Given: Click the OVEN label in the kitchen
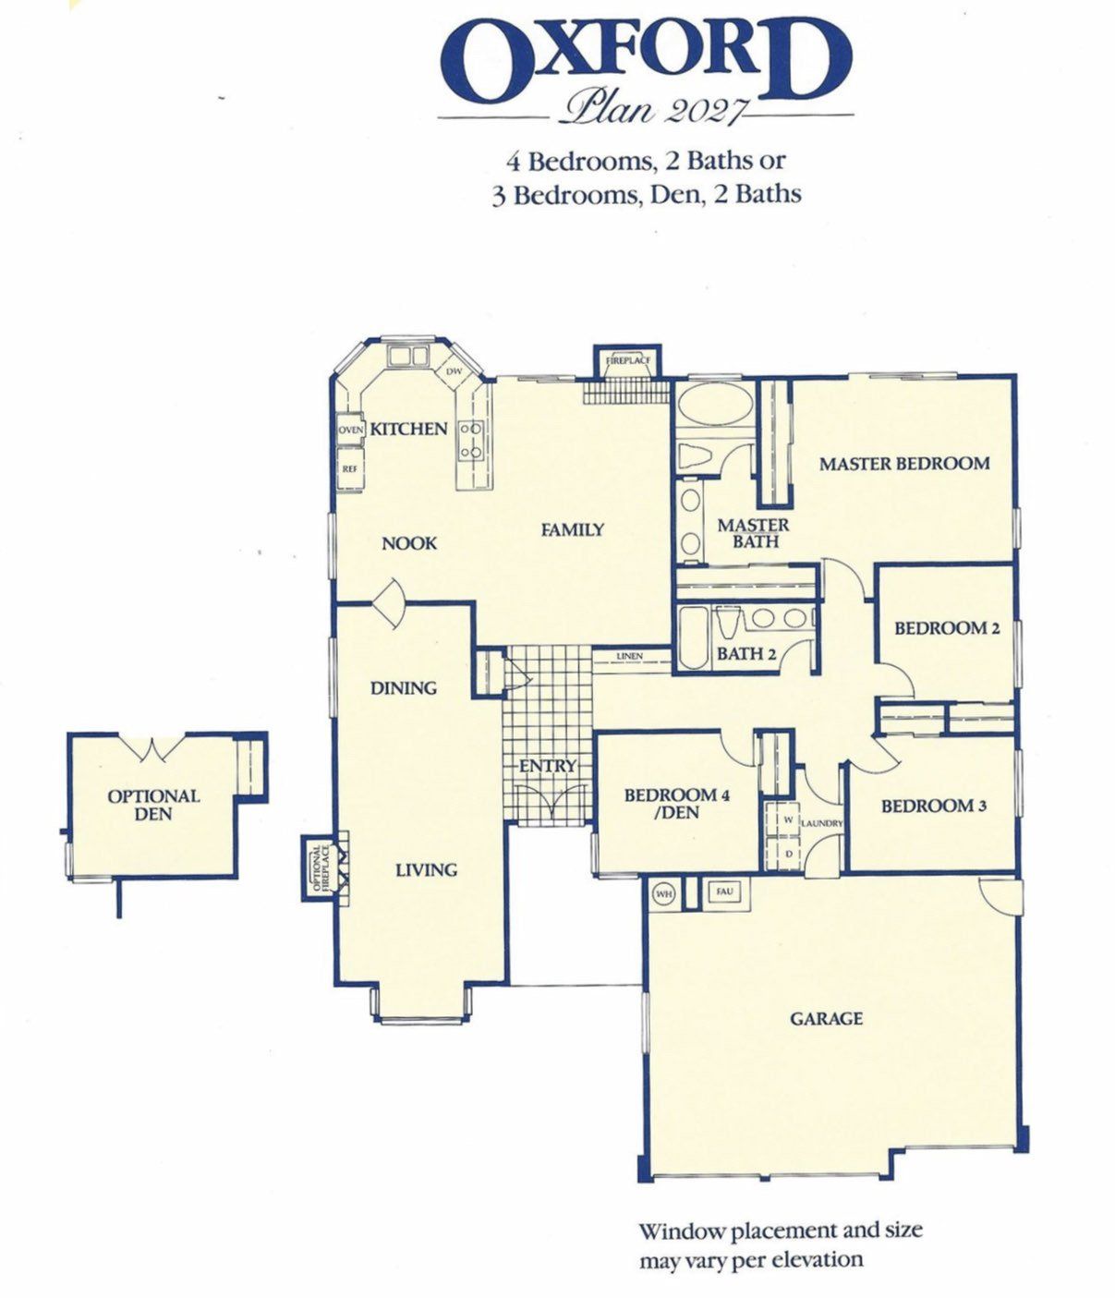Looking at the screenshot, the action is click(x=350, y=431).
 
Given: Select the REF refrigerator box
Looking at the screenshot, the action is click(x=350, y=467).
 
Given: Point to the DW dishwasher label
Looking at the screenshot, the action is click(x=454, y=371).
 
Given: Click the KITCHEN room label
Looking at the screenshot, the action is click(x=408, y=429).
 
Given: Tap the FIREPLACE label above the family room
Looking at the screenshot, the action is click(x=627, y=360).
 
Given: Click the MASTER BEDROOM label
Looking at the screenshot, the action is click(x=904, y=464).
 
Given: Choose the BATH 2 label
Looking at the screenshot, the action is click(x=746, y=654).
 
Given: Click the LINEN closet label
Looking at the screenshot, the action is click(x=629, y=656).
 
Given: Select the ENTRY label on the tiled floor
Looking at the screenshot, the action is click(x=548, y=766).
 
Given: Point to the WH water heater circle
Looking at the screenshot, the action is click(x=663, y=894).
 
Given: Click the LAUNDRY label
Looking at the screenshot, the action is click(x=822, y=822).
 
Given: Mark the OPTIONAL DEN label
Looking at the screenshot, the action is click(x=154, y=805).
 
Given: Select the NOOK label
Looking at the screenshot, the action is click(x=409, y=543).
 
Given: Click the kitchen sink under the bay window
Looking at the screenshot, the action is click(x=408, y=356).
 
